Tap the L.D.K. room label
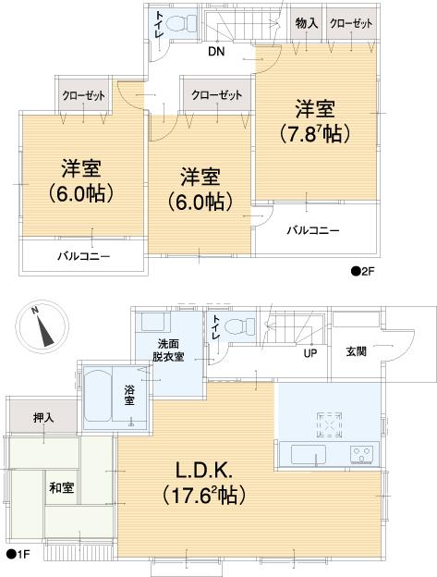click(203, 483)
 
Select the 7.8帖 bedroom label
click(314, 121)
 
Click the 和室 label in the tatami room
click(63, 487)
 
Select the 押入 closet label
click(42, 417)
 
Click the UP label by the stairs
click(311, 352)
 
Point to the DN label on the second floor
click(215, 52)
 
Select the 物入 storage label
click(306, 23)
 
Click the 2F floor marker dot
click(355, 271)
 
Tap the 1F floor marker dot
click(10, 555)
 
